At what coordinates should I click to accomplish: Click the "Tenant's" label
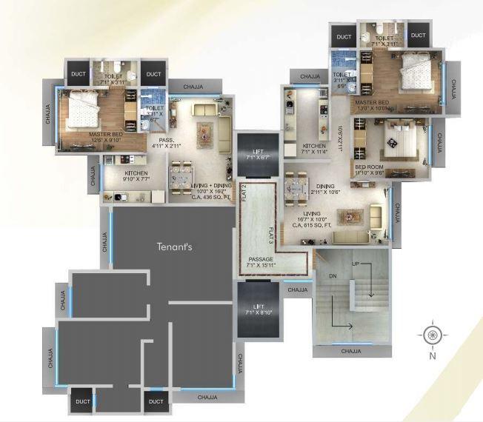coord(174,247)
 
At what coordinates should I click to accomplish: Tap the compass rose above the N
coord(433,334)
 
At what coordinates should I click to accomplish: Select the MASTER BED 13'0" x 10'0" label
coord(373,104)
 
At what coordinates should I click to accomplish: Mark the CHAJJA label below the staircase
coord(351,351)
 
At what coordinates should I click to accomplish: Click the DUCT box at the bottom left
coord(82,401)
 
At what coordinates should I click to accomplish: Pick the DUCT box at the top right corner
coord(418,36)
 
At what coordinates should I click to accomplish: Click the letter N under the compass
coord(433,355)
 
